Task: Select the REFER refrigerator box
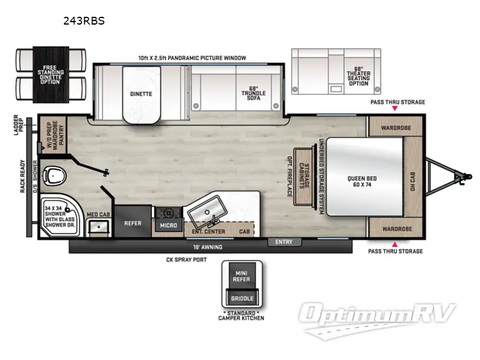tap(133, 223)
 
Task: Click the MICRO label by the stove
tap(167, 225)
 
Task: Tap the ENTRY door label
tap(284, 242)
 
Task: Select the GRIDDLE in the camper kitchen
tap(242, 298)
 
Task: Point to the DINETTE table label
tap(140, 94)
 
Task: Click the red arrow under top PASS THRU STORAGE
tap(395, 110)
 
